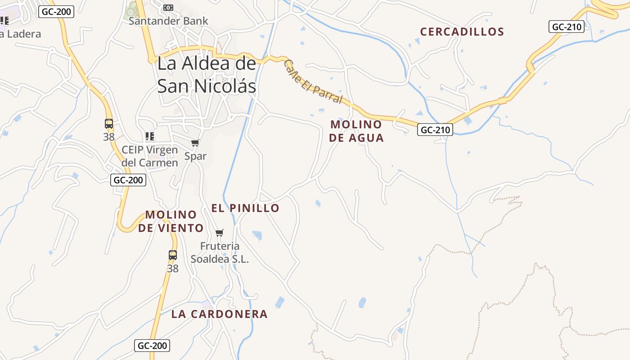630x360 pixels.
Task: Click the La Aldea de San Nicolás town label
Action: [207, 75]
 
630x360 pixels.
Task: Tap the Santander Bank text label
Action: [168, 21]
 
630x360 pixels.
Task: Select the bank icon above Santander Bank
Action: [168, 8]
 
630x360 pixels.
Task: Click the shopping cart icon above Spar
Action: [195, 143]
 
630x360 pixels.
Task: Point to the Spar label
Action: [195, 156]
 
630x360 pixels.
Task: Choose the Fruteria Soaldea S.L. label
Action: [220, 252]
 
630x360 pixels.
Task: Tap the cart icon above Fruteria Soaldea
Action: [220, 233]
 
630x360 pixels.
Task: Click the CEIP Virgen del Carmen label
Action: [150, 156]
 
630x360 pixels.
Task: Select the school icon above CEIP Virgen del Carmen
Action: [150, 136]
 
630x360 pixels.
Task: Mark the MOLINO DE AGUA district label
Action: [356, 131]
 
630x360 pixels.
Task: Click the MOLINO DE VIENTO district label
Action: [171, 221]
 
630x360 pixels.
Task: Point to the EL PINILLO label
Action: [245, 208]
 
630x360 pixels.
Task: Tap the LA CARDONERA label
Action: [219, 314]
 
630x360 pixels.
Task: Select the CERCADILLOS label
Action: [462, 32]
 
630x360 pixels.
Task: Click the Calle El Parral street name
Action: [313, 82]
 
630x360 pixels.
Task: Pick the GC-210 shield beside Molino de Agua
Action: [435, 130]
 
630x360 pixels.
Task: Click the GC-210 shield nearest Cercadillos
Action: [567, 27]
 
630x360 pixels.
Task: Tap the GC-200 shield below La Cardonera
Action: [152, 346]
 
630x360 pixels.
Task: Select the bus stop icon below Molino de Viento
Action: [173, 255]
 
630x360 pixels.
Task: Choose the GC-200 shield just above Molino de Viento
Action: [128, 180]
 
